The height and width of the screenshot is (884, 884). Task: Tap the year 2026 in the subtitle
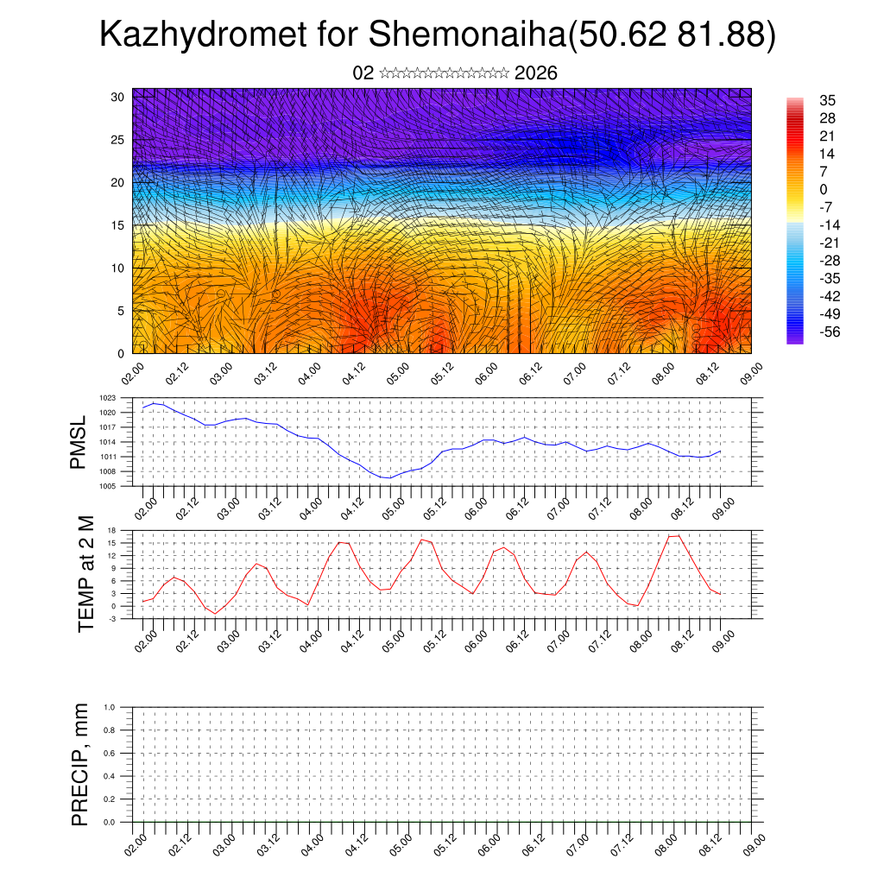point(535,73)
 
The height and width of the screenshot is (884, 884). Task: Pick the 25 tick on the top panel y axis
point(118,140)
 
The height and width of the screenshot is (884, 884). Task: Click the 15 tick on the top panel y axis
point(118,225)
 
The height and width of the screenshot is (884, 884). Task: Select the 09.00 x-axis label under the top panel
point(749,372)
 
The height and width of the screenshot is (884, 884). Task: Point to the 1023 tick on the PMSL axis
point(107,398)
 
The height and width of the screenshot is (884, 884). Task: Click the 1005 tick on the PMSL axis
point(107,486)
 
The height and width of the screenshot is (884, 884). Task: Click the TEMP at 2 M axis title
point(85,575)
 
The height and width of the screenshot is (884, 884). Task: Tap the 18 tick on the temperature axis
point(111,530)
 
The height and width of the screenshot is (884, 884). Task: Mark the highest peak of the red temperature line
point(679,536)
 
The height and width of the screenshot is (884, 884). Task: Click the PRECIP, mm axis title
point(79,764)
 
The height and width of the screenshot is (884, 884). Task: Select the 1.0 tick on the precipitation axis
point(109,707)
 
